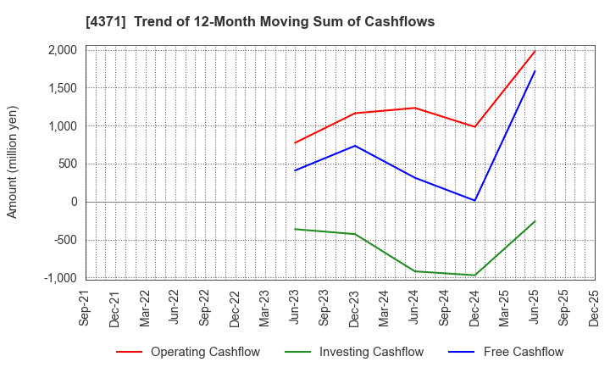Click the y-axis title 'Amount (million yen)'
click(x=12, y=162)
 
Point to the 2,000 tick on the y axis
click(x=62, y=50)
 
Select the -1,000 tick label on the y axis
click(x=59, y=278)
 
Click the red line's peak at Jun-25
click(x=535, y=51)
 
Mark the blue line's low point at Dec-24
click(x=475, y=201)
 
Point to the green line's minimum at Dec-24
click(x=475, y=275)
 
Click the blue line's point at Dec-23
click(x=355, y=146)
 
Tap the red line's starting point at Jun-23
click(x=295, y=142)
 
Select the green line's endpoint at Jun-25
click(x=535, y=221)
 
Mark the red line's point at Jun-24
click(x=415, y=108)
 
